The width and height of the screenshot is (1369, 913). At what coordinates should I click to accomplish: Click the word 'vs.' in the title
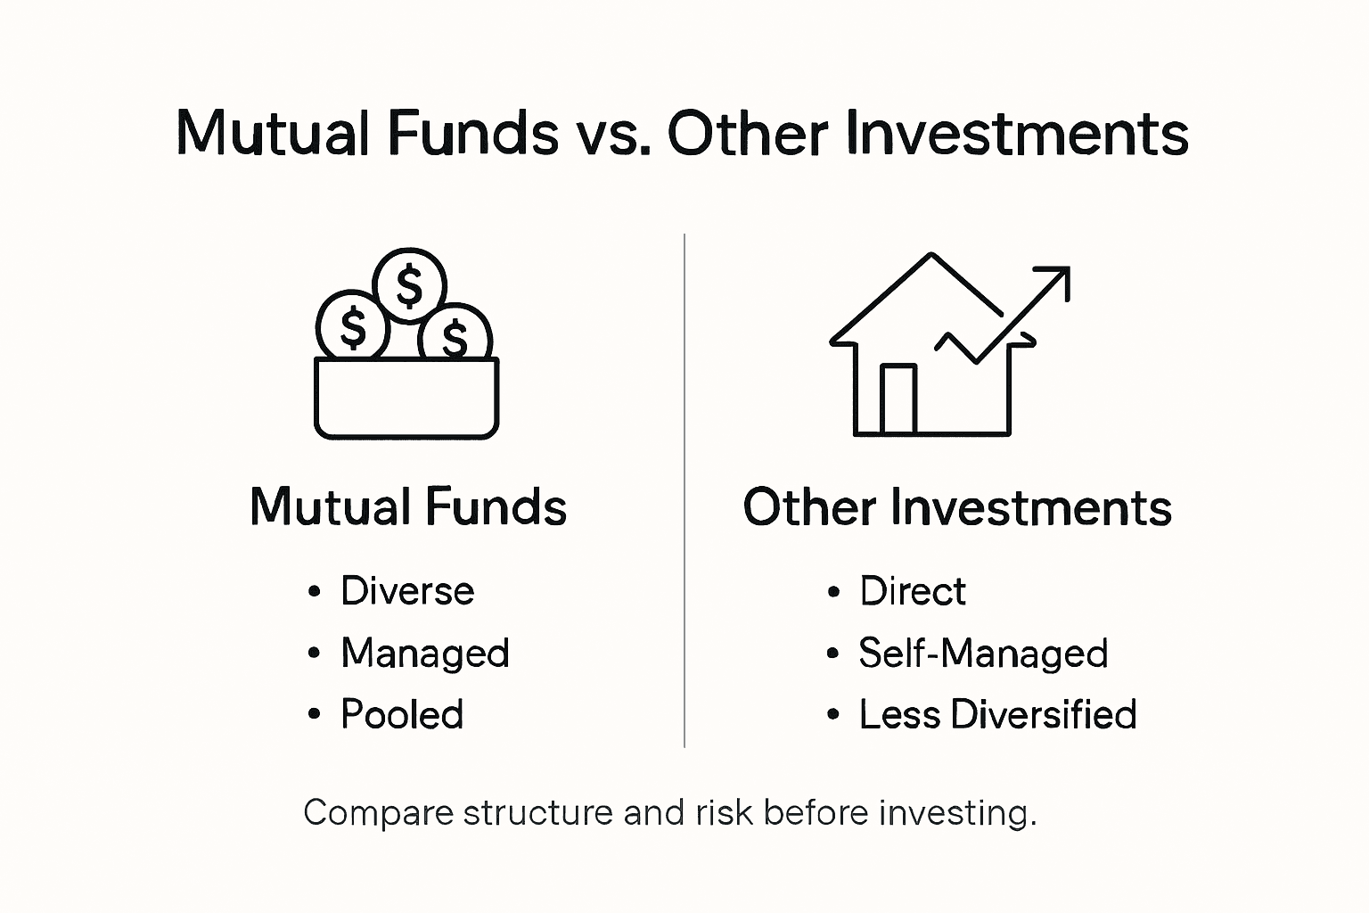click(611, 134)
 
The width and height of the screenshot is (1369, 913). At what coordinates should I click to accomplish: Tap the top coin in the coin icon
click(409, 284)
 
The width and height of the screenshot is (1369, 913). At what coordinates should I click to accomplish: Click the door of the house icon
click(898, 399)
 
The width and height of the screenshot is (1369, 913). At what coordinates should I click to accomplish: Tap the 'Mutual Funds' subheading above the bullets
click(408, 507)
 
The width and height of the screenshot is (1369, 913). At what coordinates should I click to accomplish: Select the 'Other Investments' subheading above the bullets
click(957, 507)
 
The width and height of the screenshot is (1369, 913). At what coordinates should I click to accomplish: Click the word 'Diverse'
click(407, 591)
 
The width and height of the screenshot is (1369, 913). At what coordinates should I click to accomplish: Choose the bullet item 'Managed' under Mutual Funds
click(425, 653)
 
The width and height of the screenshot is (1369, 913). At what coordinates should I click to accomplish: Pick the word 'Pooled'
click(402, 714)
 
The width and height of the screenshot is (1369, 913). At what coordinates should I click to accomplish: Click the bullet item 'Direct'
click(913, 591)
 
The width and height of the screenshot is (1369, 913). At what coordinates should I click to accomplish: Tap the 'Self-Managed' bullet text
click(983, 653)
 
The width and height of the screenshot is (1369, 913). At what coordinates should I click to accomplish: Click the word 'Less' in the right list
click(898, 714)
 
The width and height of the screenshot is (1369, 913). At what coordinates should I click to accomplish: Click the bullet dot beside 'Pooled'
click(314, 714)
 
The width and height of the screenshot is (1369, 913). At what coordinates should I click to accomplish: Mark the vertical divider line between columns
click(684, 490)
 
